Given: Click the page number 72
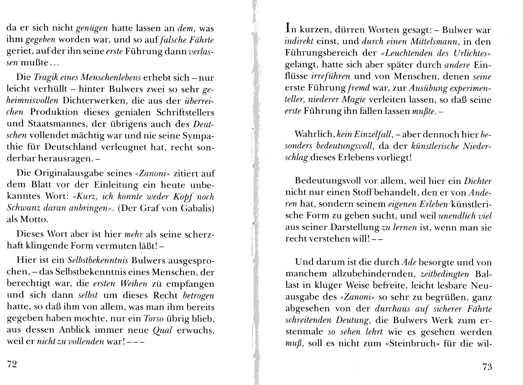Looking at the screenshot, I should click(11, 364).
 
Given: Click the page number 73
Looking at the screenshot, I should click(487, 366).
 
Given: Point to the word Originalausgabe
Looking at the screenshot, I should click(81, 174).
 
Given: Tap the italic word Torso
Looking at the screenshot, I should click(153, 319).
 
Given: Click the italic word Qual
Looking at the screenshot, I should click(163, 330).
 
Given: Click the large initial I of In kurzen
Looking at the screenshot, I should click(287, 28).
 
